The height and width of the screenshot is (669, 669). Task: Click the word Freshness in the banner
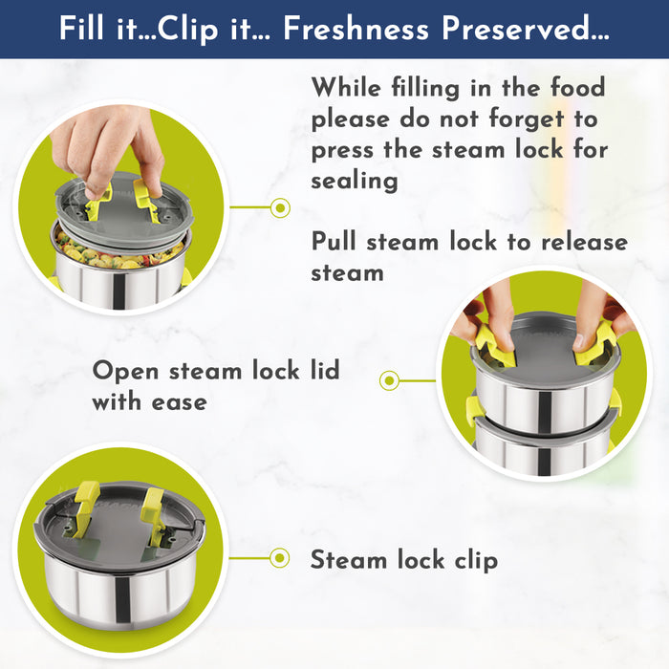[356, 29]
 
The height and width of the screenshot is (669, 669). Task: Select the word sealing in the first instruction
[355, 181]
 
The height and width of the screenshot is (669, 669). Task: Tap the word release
[585, 242]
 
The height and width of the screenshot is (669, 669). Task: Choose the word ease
[180, 402]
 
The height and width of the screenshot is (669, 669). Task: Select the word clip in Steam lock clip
[476, 560]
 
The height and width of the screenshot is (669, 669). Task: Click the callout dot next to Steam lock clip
[280, 557]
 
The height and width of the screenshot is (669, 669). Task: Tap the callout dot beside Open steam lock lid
[389, 380]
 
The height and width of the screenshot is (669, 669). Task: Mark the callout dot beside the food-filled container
[280, 207]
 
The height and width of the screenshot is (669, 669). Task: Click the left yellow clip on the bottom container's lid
[84, 507]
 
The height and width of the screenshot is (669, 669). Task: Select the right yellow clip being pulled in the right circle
[595, 345]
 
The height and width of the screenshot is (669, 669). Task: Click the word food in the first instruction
[577, 87]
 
